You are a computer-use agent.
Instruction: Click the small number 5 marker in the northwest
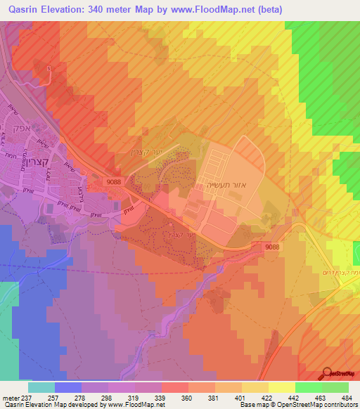tap(49, 68)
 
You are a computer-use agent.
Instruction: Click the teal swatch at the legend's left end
tap(41, 387)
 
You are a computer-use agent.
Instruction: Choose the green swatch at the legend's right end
tap(335, 387)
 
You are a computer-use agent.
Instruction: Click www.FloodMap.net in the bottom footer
tap(134, 405)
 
